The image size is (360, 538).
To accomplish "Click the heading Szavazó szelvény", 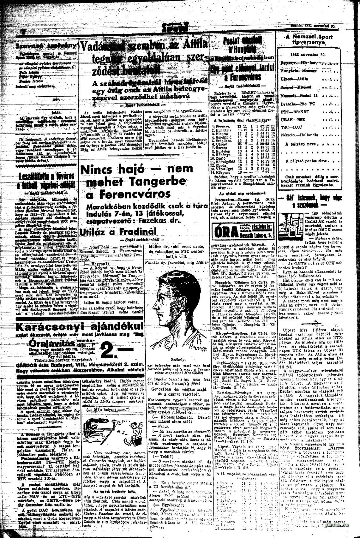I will point(46,46).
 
